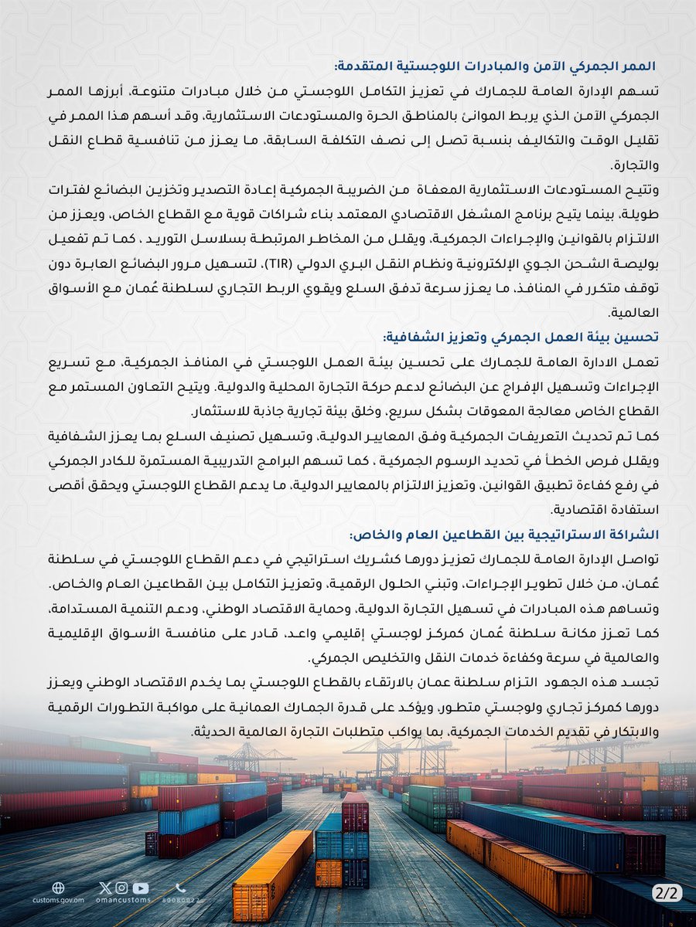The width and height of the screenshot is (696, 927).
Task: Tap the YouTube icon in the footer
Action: [x=146, y=888]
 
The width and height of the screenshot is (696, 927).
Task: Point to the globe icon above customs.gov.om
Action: [x=57, y=888]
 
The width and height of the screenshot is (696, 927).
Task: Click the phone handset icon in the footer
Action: [x=181, y=888]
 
